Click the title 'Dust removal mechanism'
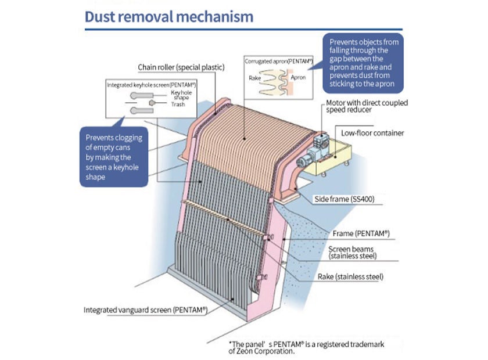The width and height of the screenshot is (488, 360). (169, 16)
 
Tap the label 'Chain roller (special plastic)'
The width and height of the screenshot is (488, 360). (181, 67)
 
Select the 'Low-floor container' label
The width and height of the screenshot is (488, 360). (372, 133)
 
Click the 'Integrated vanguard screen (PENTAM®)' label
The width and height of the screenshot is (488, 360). (145, 310)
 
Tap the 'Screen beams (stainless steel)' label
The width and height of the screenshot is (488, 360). (353, 253)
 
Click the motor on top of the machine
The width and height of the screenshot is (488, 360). (316, 145)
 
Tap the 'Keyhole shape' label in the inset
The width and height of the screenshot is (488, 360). (181, 95)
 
